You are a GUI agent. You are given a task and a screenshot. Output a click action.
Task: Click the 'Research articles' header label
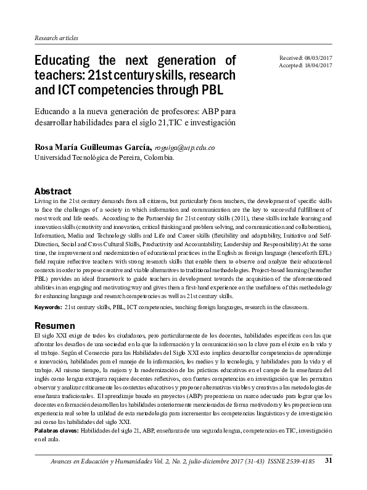click(x=56, y=38)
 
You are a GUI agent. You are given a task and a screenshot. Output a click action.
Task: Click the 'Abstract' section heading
click(x=52, y=191)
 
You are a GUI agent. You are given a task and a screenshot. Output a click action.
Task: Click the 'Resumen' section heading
click(x=54, y=325)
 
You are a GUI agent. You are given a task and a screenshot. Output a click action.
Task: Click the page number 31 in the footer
click(x=329, y=460)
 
